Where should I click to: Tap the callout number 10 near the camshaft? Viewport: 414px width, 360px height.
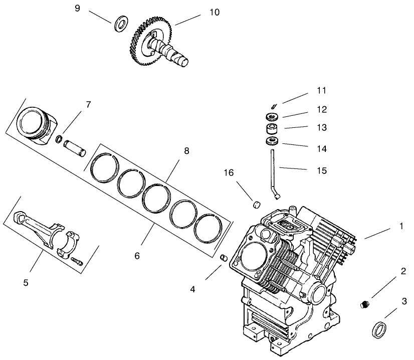(214, 12)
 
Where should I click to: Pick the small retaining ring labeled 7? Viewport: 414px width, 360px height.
(59, 139)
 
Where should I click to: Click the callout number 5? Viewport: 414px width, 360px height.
(26, 282)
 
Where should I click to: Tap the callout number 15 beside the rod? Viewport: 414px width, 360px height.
(321, 170)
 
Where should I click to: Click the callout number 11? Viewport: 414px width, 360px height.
(321, 91)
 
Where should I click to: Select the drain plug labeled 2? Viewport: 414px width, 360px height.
(365, 304)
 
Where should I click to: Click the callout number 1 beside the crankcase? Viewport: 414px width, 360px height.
(400, 226)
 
